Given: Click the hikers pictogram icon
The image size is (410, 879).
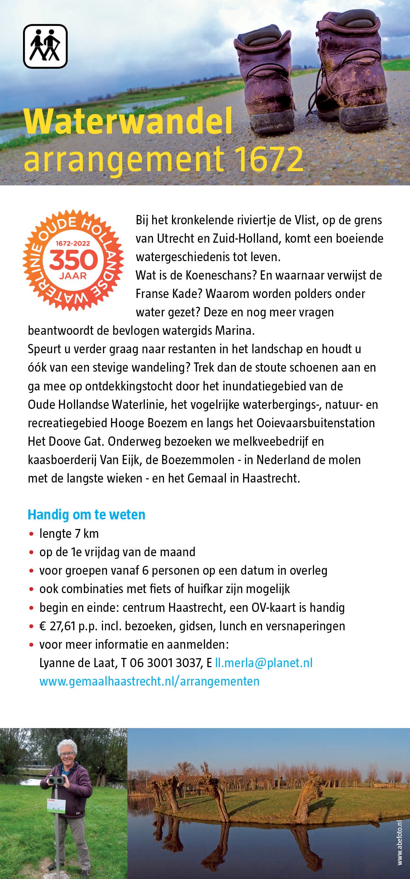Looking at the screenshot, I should tap(45, 46).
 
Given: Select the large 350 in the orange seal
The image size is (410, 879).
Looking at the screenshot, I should tap(73, 261).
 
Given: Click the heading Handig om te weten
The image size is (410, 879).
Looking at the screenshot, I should tap(86, 515).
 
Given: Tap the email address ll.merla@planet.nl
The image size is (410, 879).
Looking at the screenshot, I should tap(264, 663).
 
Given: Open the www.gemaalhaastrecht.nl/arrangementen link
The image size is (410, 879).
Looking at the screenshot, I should tap(149, 681).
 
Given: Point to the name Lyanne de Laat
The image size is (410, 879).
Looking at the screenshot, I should tap(78, 663).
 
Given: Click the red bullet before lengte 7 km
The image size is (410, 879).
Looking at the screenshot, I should tap(32, 534).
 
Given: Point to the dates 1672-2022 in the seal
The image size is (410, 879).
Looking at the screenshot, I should tap(73, 244).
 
